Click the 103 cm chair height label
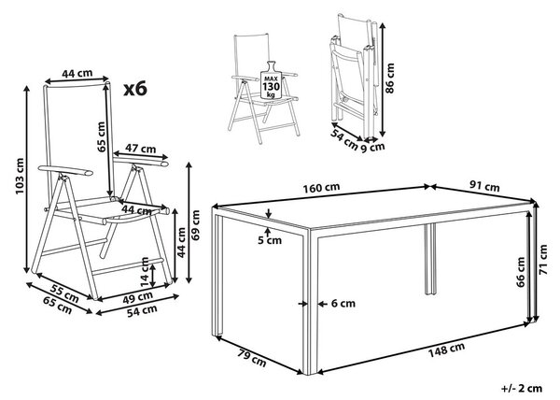20,177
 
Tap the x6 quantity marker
135,89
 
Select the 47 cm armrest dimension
140,148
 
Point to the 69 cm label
195,225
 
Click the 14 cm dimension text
145,272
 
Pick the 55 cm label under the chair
64,293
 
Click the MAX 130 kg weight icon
271,80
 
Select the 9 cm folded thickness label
373,147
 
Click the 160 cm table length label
321,187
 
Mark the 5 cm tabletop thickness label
270,240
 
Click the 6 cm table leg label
343,304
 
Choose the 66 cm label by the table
521,272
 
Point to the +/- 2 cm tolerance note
522,388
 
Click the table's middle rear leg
430,260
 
